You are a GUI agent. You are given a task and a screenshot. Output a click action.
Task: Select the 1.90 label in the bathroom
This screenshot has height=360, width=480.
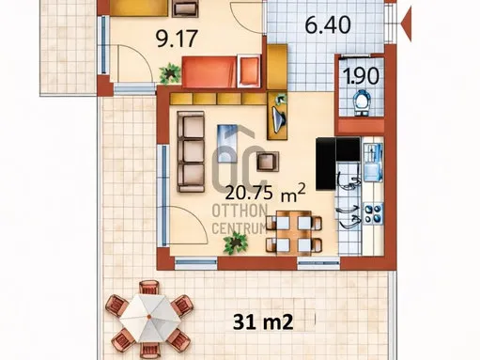pyautogui.click(x=357, y=75)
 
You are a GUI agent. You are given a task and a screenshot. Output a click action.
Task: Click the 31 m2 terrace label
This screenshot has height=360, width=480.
pyautogui.click(x=263, y=322)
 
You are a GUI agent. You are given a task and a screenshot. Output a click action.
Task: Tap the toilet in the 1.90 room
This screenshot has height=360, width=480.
pyautogui.click(x=361, y=100)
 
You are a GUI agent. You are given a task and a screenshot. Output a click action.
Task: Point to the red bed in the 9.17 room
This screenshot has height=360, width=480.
pyautogui.click(x=221, y=72)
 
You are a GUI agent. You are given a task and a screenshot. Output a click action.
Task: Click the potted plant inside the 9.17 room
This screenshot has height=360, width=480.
pyautogui.click(x=169, y=72)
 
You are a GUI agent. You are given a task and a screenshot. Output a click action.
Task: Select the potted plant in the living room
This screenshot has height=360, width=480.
pyautogui.click(x=234, y=243)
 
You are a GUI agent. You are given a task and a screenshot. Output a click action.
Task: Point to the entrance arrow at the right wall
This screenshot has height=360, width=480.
pyautogui.click(x=403, y=16)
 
